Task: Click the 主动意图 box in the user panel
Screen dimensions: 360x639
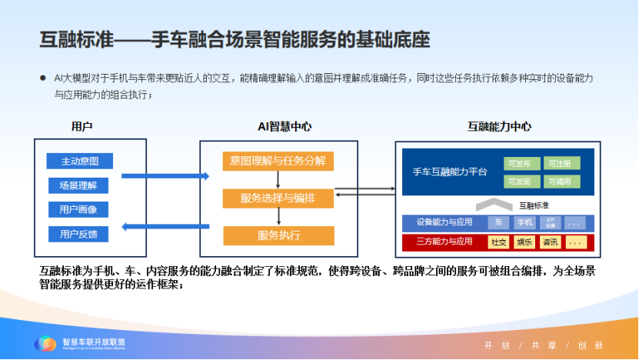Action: (x=80, y=162)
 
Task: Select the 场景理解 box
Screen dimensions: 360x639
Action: (x=78, y=185)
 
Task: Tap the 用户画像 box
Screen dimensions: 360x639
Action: (x=78, y=209)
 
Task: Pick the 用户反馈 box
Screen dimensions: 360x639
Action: (x=78, y=233)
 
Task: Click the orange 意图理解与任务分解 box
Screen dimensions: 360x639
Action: (x=278, y=162)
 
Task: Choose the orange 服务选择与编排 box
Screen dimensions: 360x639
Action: (x=278, y=198)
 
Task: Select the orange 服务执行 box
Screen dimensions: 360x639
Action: (x=278, y=235)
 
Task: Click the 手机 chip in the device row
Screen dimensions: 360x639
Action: (x=524, y=223)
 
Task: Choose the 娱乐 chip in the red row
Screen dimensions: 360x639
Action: (x=524, y=242)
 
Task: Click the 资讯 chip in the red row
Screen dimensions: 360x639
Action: (x=550, y=242)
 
